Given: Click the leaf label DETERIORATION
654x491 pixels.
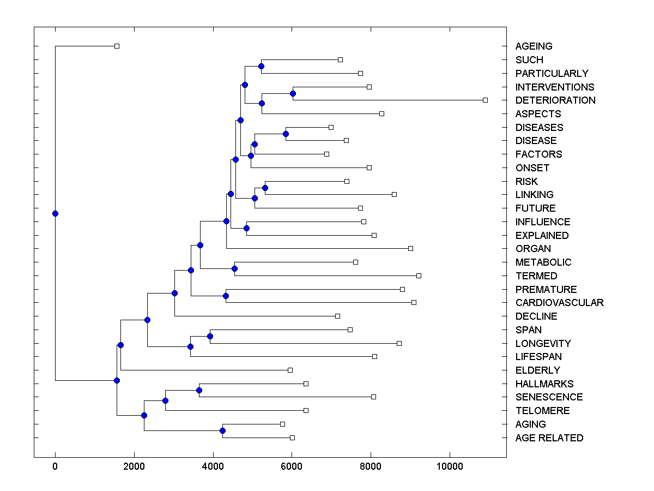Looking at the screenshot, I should [555, 100].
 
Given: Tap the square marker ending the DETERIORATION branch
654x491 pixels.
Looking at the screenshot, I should [485, 100].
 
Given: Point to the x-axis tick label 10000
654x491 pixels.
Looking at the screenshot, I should [450, 466].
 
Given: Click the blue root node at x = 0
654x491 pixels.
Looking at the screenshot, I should [55, 213].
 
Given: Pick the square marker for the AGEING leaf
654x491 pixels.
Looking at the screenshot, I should [117, 46].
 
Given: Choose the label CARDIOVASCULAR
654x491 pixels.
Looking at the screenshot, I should [559, 303].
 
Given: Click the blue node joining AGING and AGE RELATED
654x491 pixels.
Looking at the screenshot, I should [222, 431].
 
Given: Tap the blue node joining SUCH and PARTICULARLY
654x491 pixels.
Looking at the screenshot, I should [261, 67].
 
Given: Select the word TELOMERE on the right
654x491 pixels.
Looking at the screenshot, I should [542, 411].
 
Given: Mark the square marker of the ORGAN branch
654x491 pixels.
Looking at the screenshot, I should [410, 248].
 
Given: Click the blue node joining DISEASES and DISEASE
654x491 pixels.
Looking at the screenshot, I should [286, 134].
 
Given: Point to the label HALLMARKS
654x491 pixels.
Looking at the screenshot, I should [544, 384].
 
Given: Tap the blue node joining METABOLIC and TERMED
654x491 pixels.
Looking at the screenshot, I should [234, 268].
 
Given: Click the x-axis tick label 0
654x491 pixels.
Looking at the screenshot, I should [55, 466].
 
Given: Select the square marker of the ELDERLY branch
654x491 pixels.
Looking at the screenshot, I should [290, 370].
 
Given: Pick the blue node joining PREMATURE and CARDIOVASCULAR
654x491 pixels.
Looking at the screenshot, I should [226, 296].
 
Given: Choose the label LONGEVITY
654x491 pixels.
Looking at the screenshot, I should [543, 344].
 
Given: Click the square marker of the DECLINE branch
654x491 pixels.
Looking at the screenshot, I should [337, 316].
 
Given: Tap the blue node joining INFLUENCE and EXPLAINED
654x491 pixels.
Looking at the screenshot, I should [246, 228].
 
